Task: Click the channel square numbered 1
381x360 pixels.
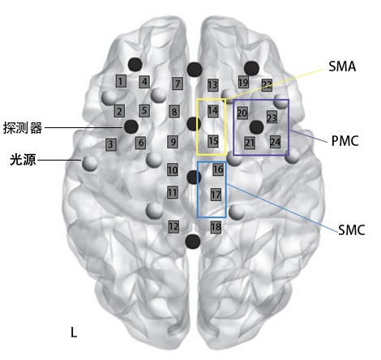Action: (121, 81)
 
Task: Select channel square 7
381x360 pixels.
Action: (178, 84)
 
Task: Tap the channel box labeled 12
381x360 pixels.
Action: (173, 227)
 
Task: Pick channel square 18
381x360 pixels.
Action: (216, 227)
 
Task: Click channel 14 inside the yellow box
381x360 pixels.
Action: (212, 111)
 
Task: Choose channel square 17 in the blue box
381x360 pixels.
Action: (216, 195)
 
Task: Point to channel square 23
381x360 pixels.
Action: (272, 118)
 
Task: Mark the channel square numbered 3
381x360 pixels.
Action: (111, 144)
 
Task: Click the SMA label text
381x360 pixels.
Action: (342, 66)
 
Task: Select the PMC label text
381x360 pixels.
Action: (345, 140)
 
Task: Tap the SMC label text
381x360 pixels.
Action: (352, 230)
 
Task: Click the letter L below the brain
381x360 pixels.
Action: (74, 332)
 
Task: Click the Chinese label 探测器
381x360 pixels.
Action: (23, 128)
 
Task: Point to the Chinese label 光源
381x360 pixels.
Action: (23, 160)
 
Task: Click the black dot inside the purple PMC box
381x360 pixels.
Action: (256, 127)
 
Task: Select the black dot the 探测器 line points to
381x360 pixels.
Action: (131, 126)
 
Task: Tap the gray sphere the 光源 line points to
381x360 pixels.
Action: (90, 163)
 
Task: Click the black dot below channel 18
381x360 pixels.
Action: (193, 242)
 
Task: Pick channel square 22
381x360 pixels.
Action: (267, 85)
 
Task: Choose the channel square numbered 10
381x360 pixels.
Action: (173, 169)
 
